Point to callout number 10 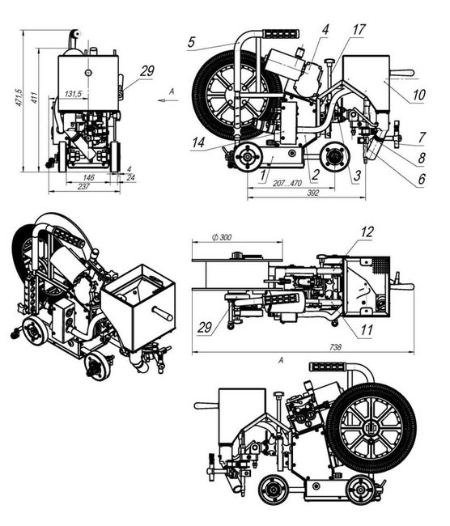pos(418,95)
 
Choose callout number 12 pos(367,231)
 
